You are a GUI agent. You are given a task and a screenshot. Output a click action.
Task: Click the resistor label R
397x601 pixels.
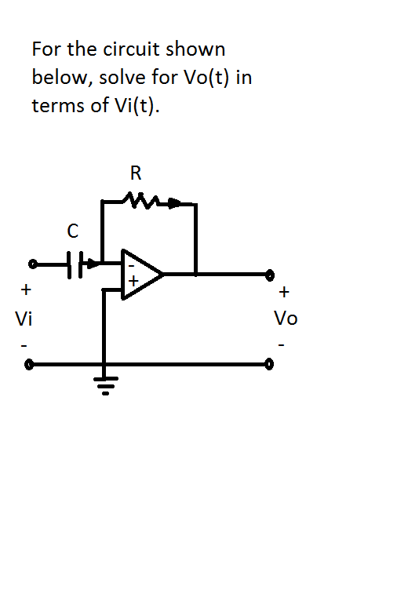pyautogui.click(x=137, y=171)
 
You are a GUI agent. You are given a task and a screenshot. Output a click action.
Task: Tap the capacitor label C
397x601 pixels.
pyautogui.click(x=73, y=231)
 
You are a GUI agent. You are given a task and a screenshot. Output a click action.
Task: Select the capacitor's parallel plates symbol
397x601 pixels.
pyautogui.click(x=75, y=264)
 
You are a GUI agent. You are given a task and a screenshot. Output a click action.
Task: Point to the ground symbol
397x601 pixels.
pyautogui.click(x=104, y=383)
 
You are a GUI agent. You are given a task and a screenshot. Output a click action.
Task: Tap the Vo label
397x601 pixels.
pyautogui.click(x=285, y=319)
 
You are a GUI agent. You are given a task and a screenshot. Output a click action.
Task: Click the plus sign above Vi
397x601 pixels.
pyautogui.click(x=26, y=290)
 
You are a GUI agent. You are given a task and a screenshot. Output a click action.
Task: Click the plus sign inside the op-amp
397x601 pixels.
pyautogui.click(x=134, y=280)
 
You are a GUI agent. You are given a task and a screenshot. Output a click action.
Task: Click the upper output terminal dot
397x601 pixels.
pyautogui.click(x=269, y=275)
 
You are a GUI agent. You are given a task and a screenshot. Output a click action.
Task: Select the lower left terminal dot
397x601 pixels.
pyautogui.click(x=30, y=365)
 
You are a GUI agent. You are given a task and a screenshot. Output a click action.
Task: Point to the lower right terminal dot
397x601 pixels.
pyautogui.click(x=269, y=365)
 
